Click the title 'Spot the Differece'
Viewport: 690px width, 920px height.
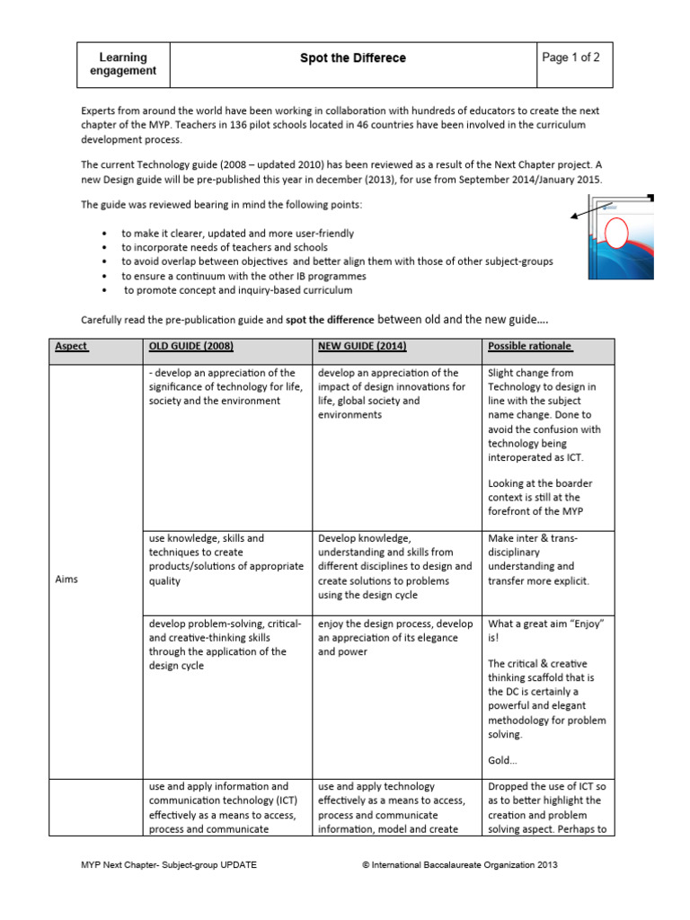(352, 58)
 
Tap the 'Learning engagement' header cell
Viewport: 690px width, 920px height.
(123, 64)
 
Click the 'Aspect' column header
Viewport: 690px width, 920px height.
(72, 347)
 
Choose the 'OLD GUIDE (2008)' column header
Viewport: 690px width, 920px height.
(193, 347)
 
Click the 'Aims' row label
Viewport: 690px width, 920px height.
(66, 579)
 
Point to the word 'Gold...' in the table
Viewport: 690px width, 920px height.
(503, 760)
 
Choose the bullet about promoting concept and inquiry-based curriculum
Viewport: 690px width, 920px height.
(238, 290)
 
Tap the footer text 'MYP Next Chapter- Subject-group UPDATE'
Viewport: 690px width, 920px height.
(169, 864)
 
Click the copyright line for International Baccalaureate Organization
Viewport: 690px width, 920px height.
(460, 864)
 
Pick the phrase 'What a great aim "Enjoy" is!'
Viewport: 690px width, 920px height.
(545, 631)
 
